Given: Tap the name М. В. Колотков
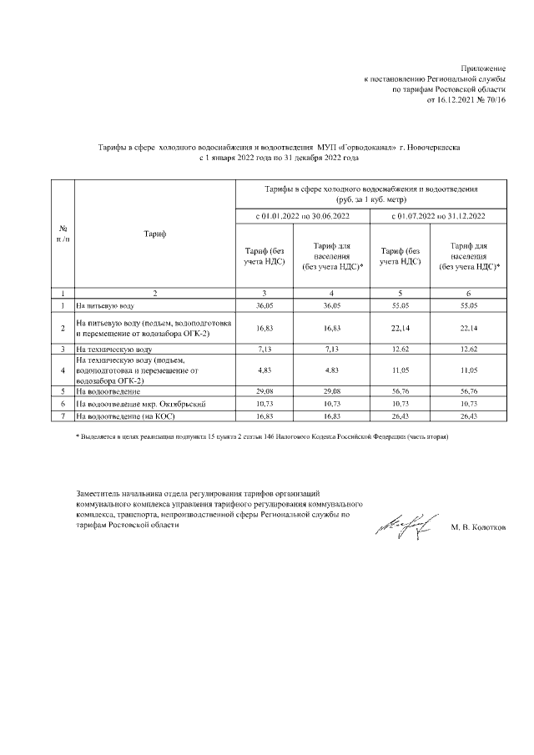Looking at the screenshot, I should tap(477, 528).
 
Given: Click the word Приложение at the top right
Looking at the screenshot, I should tap(483, 66).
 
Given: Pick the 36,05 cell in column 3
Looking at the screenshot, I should tap(264, 306).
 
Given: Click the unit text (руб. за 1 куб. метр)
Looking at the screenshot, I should tap(372, 200).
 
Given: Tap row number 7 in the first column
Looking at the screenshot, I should tap(63, 414).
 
